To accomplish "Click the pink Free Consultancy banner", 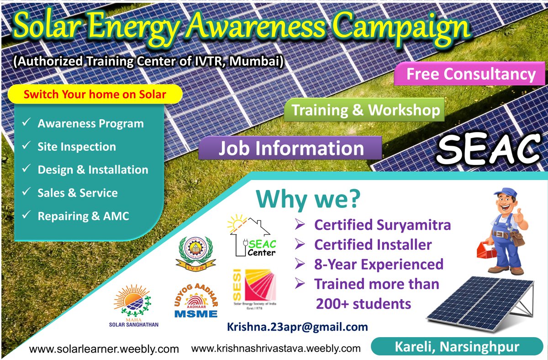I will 470,74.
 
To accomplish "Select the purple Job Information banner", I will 290,148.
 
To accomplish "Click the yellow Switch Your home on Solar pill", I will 95,95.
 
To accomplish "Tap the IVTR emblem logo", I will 195,253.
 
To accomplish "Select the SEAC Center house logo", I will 254,237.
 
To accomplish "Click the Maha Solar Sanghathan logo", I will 133,307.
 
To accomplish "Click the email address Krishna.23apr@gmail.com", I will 297,327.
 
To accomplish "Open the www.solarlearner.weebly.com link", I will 104,349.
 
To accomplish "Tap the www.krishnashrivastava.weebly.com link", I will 276,349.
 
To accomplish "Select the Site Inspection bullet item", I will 77,147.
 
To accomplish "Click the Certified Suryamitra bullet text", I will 382,225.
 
